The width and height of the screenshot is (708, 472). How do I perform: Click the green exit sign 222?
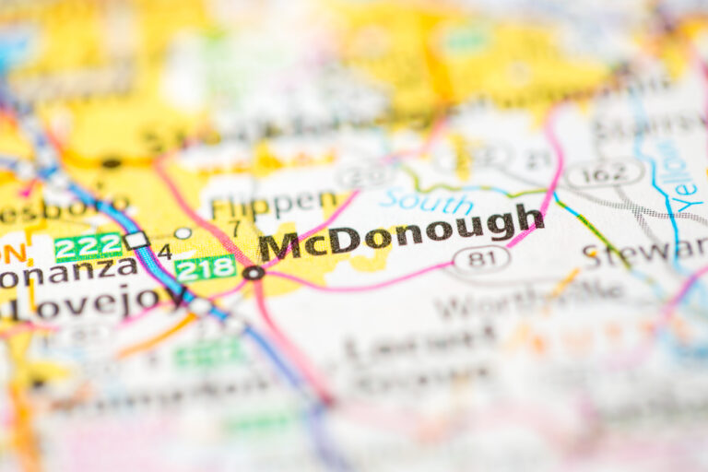pos(88,246)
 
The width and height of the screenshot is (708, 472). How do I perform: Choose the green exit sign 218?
pos(205,268)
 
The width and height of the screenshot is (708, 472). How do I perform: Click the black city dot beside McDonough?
pos(253,273)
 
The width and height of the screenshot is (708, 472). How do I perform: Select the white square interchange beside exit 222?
pos(136,241)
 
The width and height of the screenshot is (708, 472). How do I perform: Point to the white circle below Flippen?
pos(183,233)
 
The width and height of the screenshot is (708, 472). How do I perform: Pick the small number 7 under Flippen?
pos(235,227)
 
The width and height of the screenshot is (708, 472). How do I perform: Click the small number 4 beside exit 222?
pos(164,251)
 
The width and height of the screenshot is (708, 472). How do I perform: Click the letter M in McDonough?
pos(278,246)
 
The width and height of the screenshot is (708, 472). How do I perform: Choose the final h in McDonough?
pos(530,218)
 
